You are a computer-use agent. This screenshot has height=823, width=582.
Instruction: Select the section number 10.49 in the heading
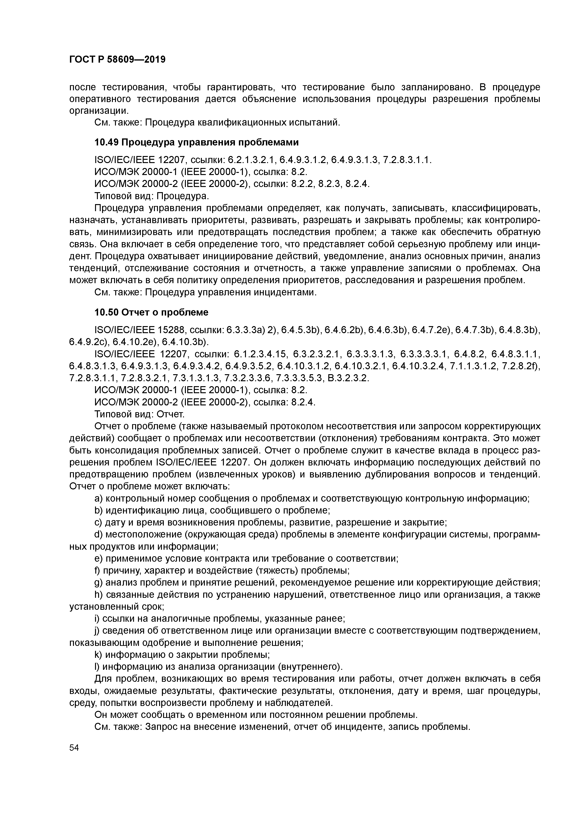(106, 142)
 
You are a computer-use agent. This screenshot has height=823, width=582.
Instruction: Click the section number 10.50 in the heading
(106, 312)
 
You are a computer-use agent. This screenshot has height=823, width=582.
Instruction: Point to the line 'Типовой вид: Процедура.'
(151, 196)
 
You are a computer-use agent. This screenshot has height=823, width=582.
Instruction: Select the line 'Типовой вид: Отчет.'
(139, 414)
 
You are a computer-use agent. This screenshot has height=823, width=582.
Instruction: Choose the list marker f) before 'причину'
(98, 570)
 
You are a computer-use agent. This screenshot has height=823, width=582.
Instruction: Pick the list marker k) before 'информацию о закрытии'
(98, 655)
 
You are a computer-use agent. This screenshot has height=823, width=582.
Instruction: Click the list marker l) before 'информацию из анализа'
(98, 667)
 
